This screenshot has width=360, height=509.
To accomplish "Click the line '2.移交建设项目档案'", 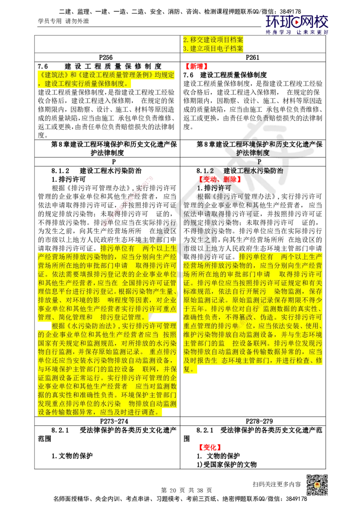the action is tap(213, 40).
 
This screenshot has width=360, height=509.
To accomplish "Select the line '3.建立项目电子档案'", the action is tap(213, 49).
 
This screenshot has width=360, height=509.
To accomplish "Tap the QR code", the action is tap(317, 485).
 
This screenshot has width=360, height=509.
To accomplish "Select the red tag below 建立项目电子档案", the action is tap(196, 67).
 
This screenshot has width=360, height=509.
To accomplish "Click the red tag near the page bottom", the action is tap(210, 447).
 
